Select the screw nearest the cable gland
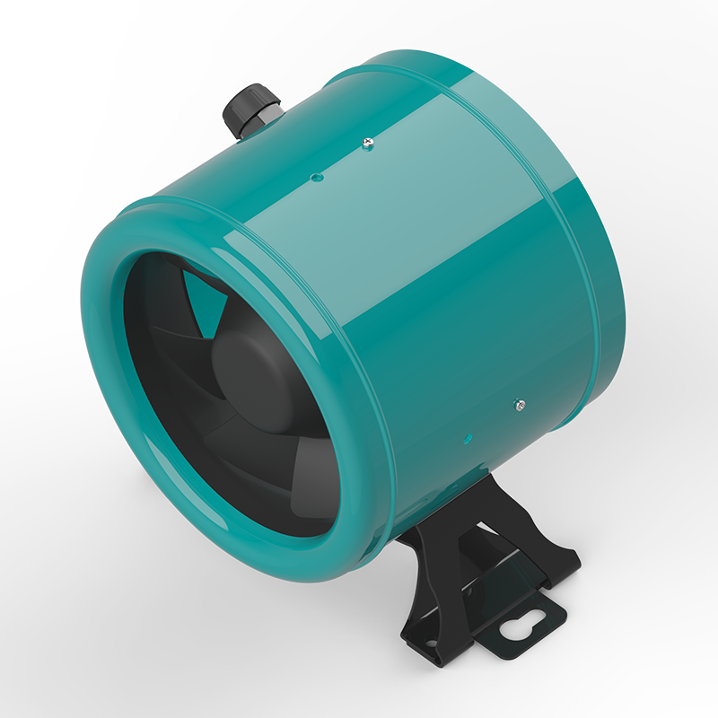pos(366,141)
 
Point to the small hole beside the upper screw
pos(314,178)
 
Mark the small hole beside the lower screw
pos(466,437)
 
